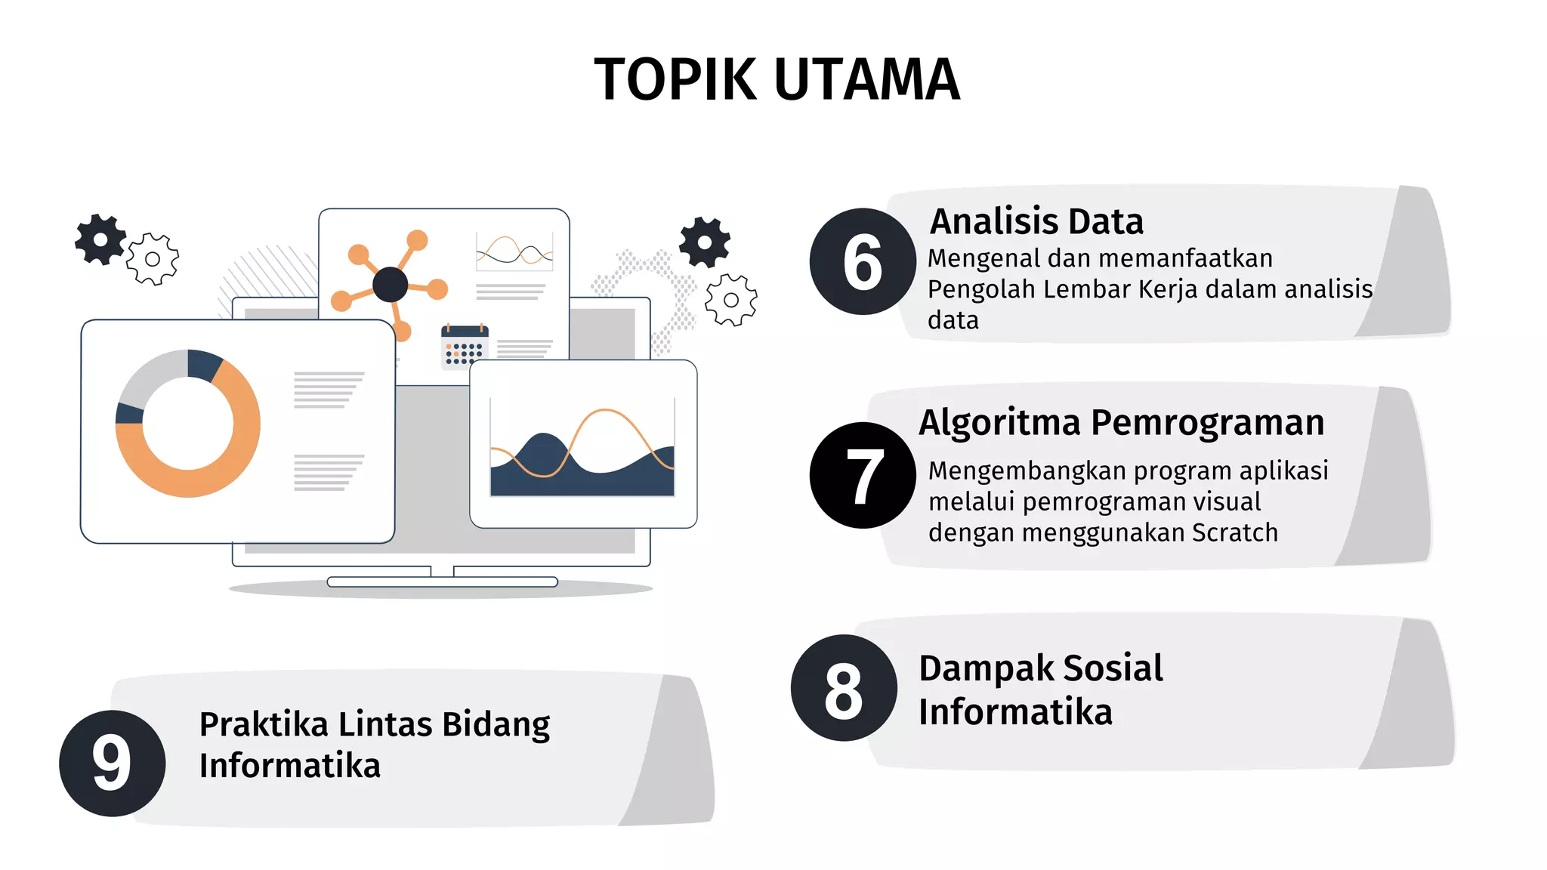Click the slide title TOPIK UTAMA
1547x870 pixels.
click(777, 79)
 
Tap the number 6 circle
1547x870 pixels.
click(863, 261)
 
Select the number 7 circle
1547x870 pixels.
click(863, 475)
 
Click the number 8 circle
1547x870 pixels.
click(844, 688)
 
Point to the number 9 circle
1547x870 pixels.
click(112, 763)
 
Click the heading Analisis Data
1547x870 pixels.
click(1036, 221)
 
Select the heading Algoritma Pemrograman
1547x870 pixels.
click(1121, 422)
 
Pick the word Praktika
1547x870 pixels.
click(264, 724)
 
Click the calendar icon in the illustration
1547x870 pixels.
click(465, 347)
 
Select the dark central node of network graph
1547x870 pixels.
click(391, 285)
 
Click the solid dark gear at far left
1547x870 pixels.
click(100, 239)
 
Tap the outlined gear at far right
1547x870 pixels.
click(730, 300)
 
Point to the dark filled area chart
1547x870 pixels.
click(582, 472)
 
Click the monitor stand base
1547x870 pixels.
click(442, 582)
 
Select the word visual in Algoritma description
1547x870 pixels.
click(1225, 501)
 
